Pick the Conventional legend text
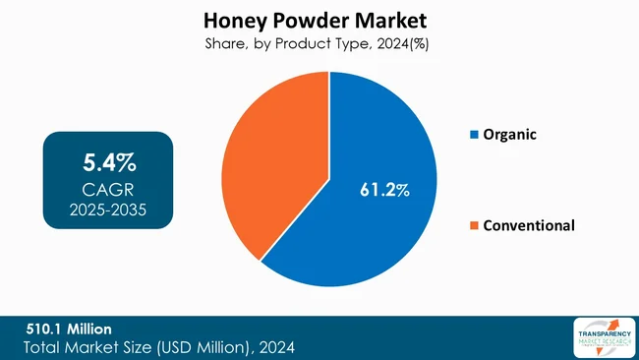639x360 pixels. click(x=529, y=225)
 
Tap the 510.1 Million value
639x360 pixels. click(x=70, y=328)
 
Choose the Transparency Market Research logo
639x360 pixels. click(x=601, y=337)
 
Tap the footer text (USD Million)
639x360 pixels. click(x=203, y=346)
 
